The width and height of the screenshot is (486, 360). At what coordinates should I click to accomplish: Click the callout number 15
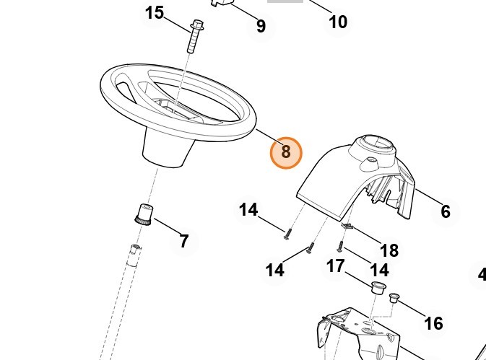[x=155, y=13]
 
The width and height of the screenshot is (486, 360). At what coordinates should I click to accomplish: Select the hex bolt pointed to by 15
[x=195, y=36]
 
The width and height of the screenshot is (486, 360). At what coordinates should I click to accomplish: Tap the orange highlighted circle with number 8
[x=286, y=153]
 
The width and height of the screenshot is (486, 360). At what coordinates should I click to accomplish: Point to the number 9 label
[x=261, y=26]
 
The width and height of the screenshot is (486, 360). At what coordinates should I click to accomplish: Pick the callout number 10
[x=337, y=22]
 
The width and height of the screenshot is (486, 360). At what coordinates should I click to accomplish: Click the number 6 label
[x=446, y=211]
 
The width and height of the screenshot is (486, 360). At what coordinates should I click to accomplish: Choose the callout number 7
[x=184, y=241]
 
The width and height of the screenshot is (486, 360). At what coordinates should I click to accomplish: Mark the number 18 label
[x=389, y=250]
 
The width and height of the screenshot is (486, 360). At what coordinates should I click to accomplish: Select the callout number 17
[x=335, y=266]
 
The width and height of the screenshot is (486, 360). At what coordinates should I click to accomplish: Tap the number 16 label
[x=433, y=324]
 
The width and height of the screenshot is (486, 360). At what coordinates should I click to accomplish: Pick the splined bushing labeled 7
[x=144, y=214]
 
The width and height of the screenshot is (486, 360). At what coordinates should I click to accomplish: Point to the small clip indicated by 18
[x=347, y=226]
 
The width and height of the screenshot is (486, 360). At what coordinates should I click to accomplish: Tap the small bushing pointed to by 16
[x=394, y=298]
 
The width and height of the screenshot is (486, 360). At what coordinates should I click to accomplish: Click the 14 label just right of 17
[x=379, y=270]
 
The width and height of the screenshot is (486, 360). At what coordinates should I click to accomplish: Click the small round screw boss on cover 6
[x=370, y=161]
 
